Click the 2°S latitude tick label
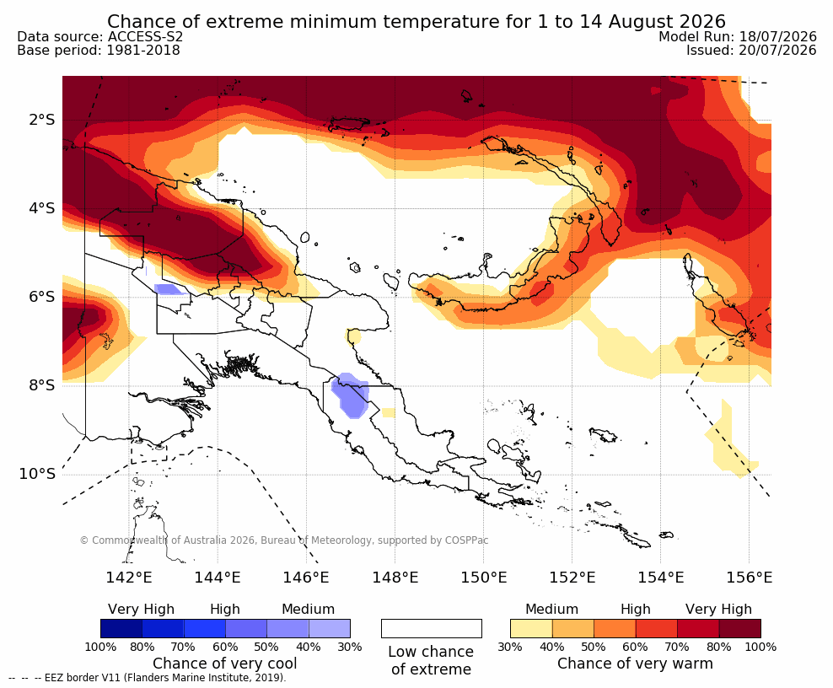coord(42,120)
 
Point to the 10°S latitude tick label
coord(37,474)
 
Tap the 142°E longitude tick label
coord(129,578)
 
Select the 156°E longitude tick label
coord(749,578)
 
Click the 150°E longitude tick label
coord(483,578)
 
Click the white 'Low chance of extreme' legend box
coord(432,628)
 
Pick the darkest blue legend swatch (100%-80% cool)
coord(121,628)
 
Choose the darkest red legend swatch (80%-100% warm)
coord(740,628)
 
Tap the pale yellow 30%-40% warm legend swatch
coord(531,628)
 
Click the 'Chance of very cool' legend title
coord(225,664)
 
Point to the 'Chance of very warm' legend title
coord(636,664)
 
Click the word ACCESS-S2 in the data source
coord(145,36)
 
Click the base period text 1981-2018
coord(143,51)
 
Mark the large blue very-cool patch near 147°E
coord(350,395)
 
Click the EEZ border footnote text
coord(148,678)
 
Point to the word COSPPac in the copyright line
coord(466,540)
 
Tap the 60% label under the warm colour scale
coord(635,647)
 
